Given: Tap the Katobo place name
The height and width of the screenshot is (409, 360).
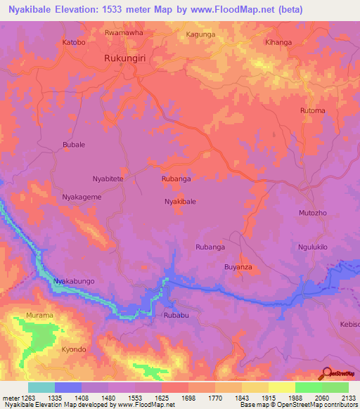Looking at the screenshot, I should tap(74, 42).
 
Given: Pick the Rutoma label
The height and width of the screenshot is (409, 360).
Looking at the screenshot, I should tap(313, 111).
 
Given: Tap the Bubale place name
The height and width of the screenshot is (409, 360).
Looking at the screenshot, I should tap(74, 145).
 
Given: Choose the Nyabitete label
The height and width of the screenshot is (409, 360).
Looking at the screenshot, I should tap(108, 179).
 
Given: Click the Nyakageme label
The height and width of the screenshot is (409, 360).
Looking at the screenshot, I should tap(82, 197).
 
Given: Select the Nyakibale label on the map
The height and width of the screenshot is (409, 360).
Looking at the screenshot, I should tap(180, 202).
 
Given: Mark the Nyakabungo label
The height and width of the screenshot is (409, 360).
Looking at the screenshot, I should tap(74, 281).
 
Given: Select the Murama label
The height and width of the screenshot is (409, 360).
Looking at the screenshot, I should tap(39, 316).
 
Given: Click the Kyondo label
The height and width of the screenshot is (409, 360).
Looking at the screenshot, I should tap(73, 349).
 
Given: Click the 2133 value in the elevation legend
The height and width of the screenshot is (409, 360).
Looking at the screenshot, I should tap(347, 398).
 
